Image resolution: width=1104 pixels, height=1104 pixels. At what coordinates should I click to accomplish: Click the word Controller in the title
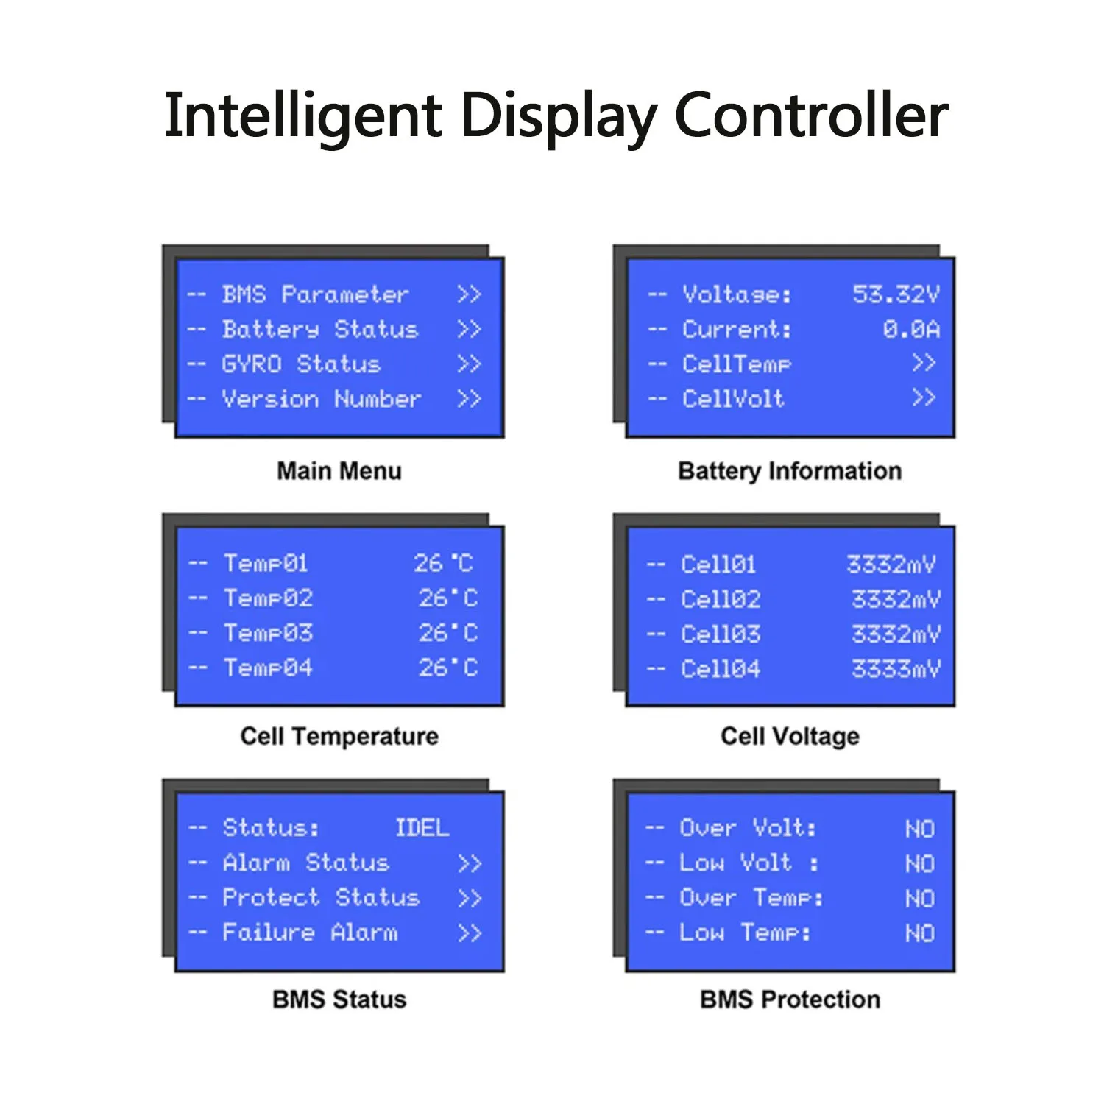(811, 116)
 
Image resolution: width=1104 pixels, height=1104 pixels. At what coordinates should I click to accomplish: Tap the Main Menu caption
(339, 471)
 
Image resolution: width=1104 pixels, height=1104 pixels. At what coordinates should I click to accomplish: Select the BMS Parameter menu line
(315, 294)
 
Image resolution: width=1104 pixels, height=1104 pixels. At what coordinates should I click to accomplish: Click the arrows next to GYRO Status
(469, 364)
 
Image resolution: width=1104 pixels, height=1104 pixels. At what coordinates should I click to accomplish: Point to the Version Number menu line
(322, 399)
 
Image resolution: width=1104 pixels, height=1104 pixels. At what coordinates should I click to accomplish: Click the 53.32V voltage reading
(896, 294)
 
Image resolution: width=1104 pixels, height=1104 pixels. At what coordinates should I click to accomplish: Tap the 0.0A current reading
(911, 329)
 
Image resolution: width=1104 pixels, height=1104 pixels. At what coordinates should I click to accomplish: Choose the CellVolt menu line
(733, 399)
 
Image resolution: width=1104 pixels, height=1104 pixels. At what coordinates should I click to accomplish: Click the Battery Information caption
(790, 471)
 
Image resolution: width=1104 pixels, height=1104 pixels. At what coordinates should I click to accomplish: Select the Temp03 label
(269, 633)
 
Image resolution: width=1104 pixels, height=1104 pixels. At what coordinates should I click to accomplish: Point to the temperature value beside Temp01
(443, 564)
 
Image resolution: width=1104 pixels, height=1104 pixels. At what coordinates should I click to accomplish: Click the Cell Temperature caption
(339, 736)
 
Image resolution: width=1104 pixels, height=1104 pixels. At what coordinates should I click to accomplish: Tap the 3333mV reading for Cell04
(896, 669)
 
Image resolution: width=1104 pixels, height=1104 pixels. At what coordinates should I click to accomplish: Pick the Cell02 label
(721, 599)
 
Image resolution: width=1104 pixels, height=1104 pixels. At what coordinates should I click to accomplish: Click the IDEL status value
(422, 828)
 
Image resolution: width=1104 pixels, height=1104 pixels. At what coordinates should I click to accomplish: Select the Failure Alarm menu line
(310, 933)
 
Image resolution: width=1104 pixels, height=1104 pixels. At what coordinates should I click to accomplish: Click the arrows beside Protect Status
(470, 898)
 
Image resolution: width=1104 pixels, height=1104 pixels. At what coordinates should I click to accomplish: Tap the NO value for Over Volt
(920, 829)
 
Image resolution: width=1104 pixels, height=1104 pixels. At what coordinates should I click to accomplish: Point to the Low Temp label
(745, 933)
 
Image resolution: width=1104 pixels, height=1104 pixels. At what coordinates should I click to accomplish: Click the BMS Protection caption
(790, 999)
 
